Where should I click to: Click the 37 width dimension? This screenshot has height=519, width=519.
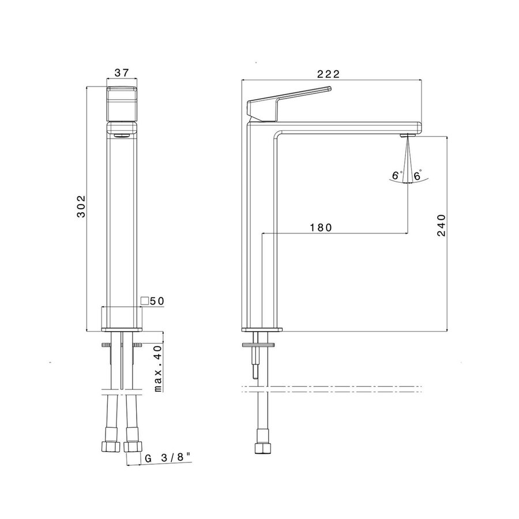tap(121, 73)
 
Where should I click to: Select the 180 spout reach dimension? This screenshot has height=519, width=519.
tap(321, 227)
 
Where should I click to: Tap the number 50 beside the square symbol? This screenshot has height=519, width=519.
tap(157, 301)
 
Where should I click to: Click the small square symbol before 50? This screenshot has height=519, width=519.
tap(145, 301)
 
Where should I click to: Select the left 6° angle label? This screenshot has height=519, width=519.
tap(396, 175)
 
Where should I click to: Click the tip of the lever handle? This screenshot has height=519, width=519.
tap(329, 88)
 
